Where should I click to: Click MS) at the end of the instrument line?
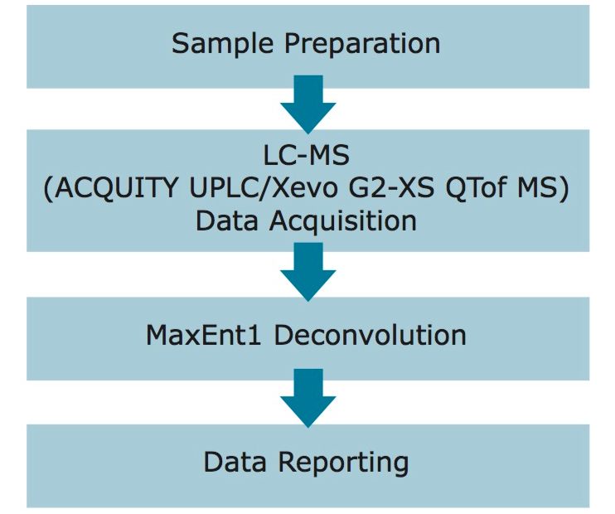tap(550, 188)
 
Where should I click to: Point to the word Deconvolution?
tap(370, 336)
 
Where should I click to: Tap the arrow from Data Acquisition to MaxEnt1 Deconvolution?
tap(307, 273)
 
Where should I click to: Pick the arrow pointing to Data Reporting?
tap(307, 399)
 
